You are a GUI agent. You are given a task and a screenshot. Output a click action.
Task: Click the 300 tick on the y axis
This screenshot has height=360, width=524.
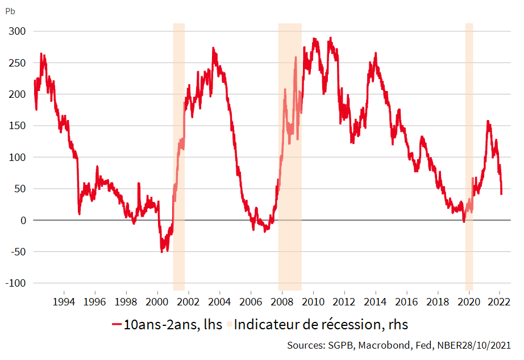pos(17,31)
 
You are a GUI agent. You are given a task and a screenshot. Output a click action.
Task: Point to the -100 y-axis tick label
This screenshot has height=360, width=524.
pos(15,283)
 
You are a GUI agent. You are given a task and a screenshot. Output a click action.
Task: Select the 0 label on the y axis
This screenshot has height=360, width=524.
pos(22,220)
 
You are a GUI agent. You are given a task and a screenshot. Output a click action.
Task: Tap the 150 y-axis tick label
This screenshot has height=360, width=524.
pos(17,126)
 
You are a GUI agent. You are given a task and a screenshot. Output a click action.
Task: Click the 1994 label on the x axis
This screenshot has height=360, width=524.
pos(64,301)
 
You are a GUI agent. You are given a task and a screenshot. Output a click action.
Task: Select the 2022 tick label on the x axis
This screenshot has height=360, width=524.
pos(500,301)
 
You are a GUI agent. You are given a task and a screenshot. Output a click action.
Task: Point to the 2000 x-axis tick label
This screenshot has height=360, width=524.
pos(157,301)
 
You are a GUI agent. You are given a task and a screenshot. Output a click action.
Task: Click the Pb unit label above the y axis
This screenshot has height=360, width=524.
pos(10,11)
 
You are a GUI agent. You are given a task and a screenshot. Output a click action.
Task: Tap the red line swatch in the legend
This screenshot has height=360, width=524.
pos(117,325)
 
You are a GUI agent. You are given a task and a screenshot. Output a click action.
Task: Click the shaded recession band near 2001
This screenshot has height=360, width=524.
pos(178,171)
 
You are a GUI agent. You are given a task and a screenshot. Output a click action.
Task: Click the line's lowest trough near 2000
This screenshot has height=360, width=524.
pos(162,251)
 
